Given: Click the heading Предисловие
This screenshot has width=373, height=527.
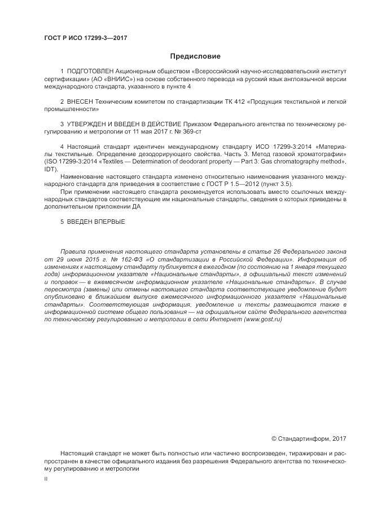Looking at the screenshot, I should click(x=195, y=56).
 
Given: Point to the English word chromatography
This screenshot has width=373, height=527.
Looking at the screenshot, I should click(x=302, y=162).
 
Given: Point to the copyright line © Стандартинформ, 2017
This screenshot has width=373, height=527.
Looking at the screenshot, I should click(x=309, y=438).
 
